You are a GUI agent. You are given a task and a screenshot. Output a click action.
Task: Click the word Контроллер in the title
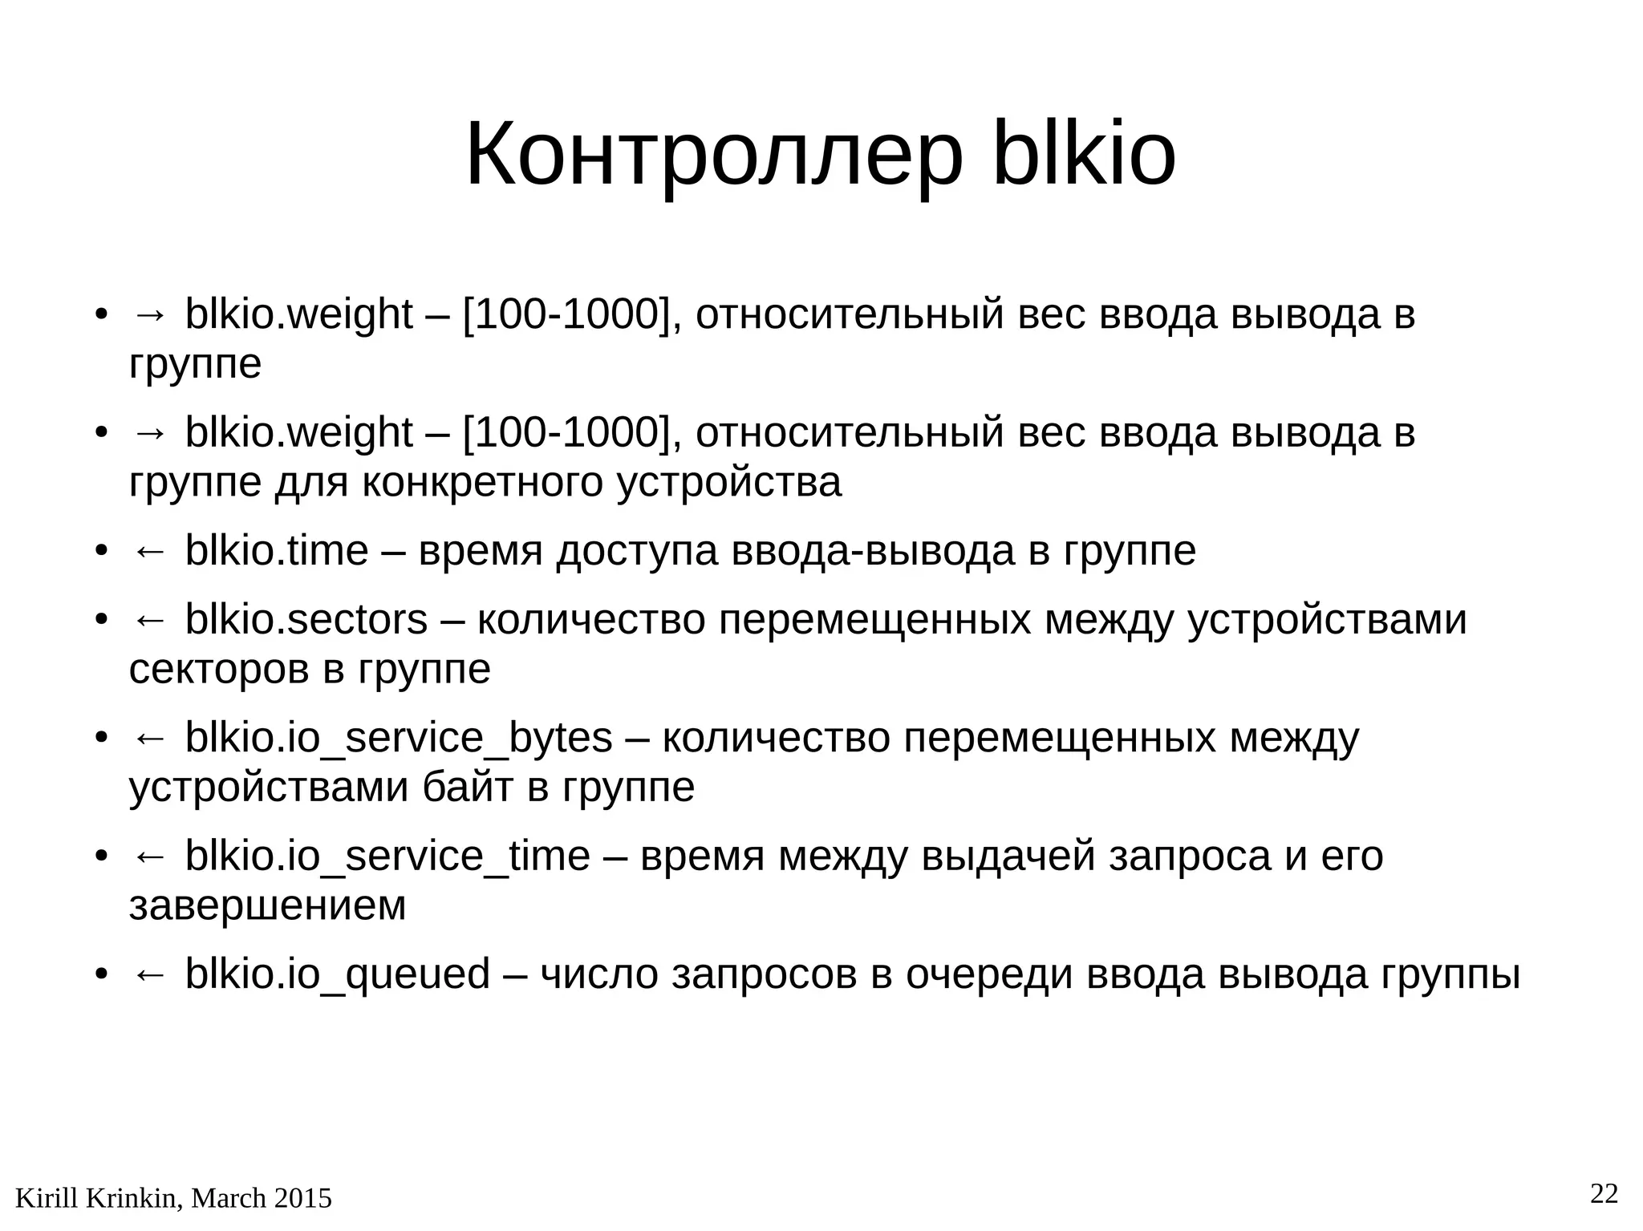pyautogui.click(x=713, y=155)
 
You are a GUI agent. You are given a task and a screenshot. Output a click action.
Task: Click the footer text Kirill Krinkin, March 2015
pyautogui.click(x=173, y=1198)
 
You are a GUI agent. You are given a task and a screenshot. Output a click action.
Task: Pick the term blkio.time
pyautogui.click(x=277, y=551)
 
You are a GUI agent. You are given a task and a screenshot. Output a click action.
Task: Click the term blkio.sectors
pyautogui.click(x=306, y=620)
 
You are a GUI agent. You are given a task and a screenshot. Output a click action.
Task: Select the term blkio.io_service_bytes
pyautogui.click(x=399, y=738)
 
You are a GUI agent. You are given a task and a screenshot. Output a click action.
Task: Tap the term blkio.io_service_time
pyautogui.click(x=387, y=856)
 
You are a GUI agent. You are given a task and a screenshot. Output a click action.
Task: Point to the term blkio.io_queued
pyautogui.click(x=337, y=974)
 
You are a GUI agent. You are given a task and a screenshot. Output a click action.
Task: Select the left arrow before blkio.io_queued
pyautogui.click(x=149, y=975)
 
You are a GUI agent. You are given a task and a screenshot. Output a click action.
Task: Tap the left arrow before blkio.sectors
pyautogui.click(x=149, y=621)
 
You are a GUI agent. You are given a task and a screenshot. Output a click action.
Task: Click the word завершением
pyautogui.click(x=267, y=906)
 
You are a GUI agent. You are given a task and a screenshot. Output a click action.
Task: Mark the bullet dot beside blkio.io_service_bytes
pyautogui.click(x=101, y=738)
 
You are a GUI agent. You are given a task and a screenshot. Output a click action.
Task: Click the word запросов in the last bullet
pyautogui.click(x=764, y=975)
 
